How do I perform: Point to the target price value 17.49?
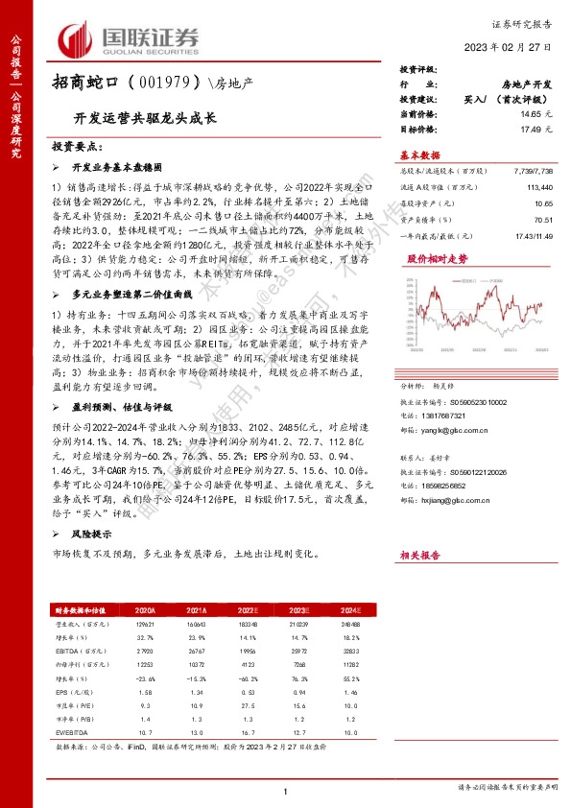click(525, 129)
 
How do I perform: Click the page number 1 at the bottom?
click(286, 789)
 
